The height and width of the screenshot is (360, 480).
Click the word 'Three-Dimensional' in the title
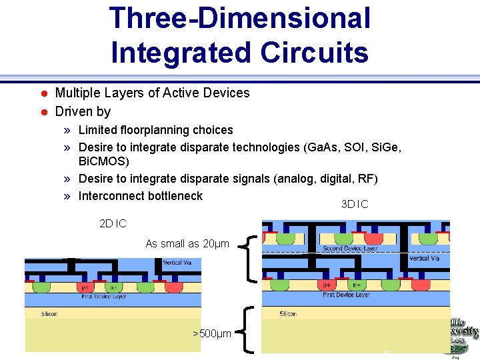click(240, 18)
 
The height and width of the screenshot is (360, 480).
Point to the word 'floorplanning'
click(157, 130)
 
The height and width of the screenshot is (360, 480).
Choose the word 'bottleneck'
click(171, 196)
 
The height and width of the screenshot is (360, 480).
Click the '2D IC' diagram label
click(113, 223)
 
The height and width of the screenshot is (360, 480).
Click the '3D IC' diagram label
click(354, 204)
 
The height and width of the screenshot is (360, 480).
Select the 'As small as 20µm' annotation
click(187, 244)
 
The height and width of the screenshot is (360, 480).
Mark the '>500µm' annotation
click(211, 333)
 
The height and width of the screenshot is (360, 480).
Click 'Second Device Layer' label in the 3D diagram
click(350, 249)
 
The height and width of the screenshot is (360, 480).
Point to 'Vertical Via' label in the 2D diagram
click(177, 263)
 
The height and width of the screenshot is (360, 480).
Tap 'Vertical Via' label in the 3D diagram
click(424, 258)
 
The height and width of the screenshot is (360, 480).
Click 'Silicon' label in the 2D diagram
click(49, 313)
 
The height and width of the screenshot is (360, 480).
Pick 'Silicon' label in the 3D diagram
click(288, 313)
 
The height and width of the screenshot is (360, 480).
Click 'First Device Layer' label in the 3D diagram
click(347, 294)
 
